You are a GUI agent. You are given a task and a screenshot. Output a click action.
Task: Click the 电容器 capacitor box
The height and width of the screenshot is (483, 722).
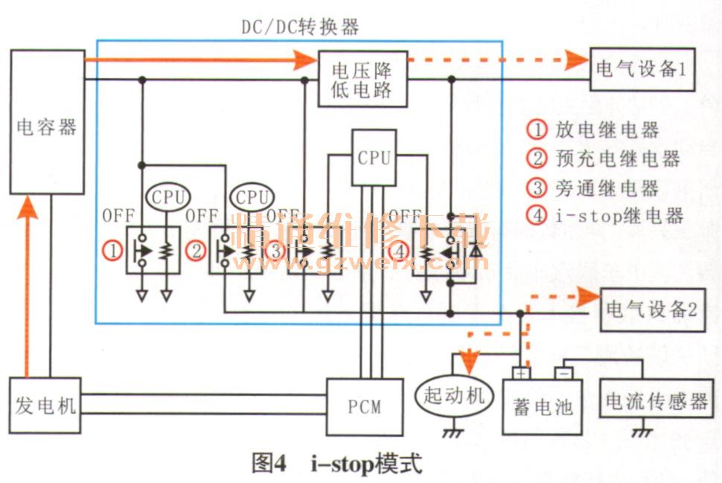pyautogui.click(x=46, y=123)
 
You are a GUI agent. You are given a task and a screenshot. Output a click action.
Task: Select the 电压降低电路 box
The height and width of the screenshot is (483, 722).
pyautogui.click(x=362, y=80)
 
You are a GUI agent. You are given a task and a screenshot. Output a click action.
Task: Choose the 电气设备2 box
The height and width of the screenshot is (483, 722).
pyautogui.click(x=652, y=310)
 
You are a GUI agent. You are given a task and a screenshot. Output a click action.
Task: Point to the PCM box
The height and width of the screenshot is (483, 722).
pyautogui.click(x=365, y=406)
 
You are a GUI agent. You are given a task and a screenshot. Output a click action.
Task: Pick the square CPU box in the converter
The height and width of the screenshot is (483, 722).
pyautogui.click(x=374, y=157)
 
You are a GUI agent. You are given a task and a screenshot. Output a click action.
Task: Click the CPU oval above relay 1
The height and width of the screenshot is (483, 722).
pyautogui.click(x=167, y=197)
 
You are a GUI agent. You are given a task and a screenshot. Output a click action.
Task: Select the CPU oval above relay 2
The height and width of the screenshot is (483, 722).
pyautogui.click(x=252, y=197)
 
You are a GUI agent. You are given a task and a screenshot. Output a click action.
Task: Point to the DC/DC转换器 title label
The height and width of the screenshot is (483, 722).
pyautogui.click(x=300, y=28)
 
